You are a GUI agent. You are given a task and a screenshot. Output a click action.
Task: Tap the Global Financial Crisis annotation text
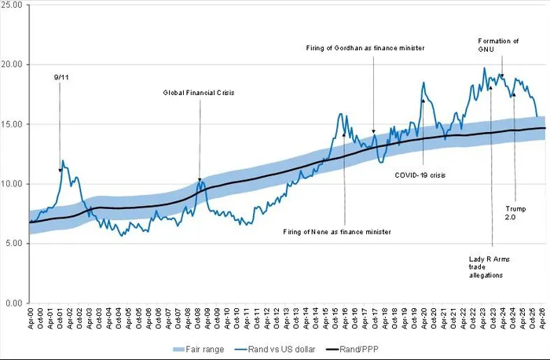pos(199,92)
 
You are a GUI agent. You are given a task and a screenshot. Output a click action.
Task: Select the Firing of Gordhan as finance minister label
pos(365,48)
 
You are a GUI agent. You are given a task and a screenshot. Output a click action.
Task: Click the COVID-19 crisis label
pos(420,174)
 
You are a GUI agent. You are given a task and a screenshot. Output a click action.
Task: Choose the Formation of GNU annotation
pos(499,45)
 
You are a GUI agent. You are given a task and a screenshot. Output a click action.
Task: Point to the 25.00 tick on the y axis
pos(14,5)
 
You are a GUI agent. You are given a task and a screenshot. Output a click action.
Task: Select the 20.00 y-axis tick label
pos(14,64)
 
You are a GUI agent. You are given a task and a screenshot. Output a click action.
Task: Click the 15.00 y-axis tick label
pos(14,124)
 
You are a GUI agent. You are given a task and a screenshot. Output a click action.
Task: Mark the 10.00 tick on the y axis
pos(14,184)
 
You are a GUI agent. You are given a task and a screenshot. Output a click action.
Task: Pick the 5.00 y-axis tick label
pos(16,244)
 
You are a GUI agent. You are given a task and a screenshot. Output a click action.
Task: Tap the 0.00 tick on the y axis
pos(16,303)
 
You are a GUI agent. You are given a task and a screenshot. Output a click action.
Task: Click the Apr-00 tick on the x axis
pos(31,318)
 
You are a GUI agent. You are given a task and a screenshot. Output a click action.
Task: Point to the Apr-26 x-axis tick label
pos(543,318)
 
